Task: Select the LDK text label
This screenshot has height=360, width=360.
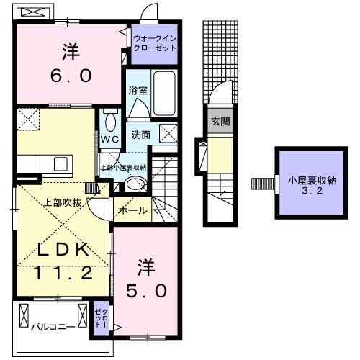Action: tap(63, 250)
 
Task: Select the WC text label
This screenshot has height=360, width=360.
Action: tap(109, 139)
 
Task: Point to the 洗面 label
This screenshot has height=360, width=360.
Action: tap(140, 134)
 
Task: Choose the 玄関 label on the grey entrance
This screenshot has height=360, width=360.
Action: tap(220, 121)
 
